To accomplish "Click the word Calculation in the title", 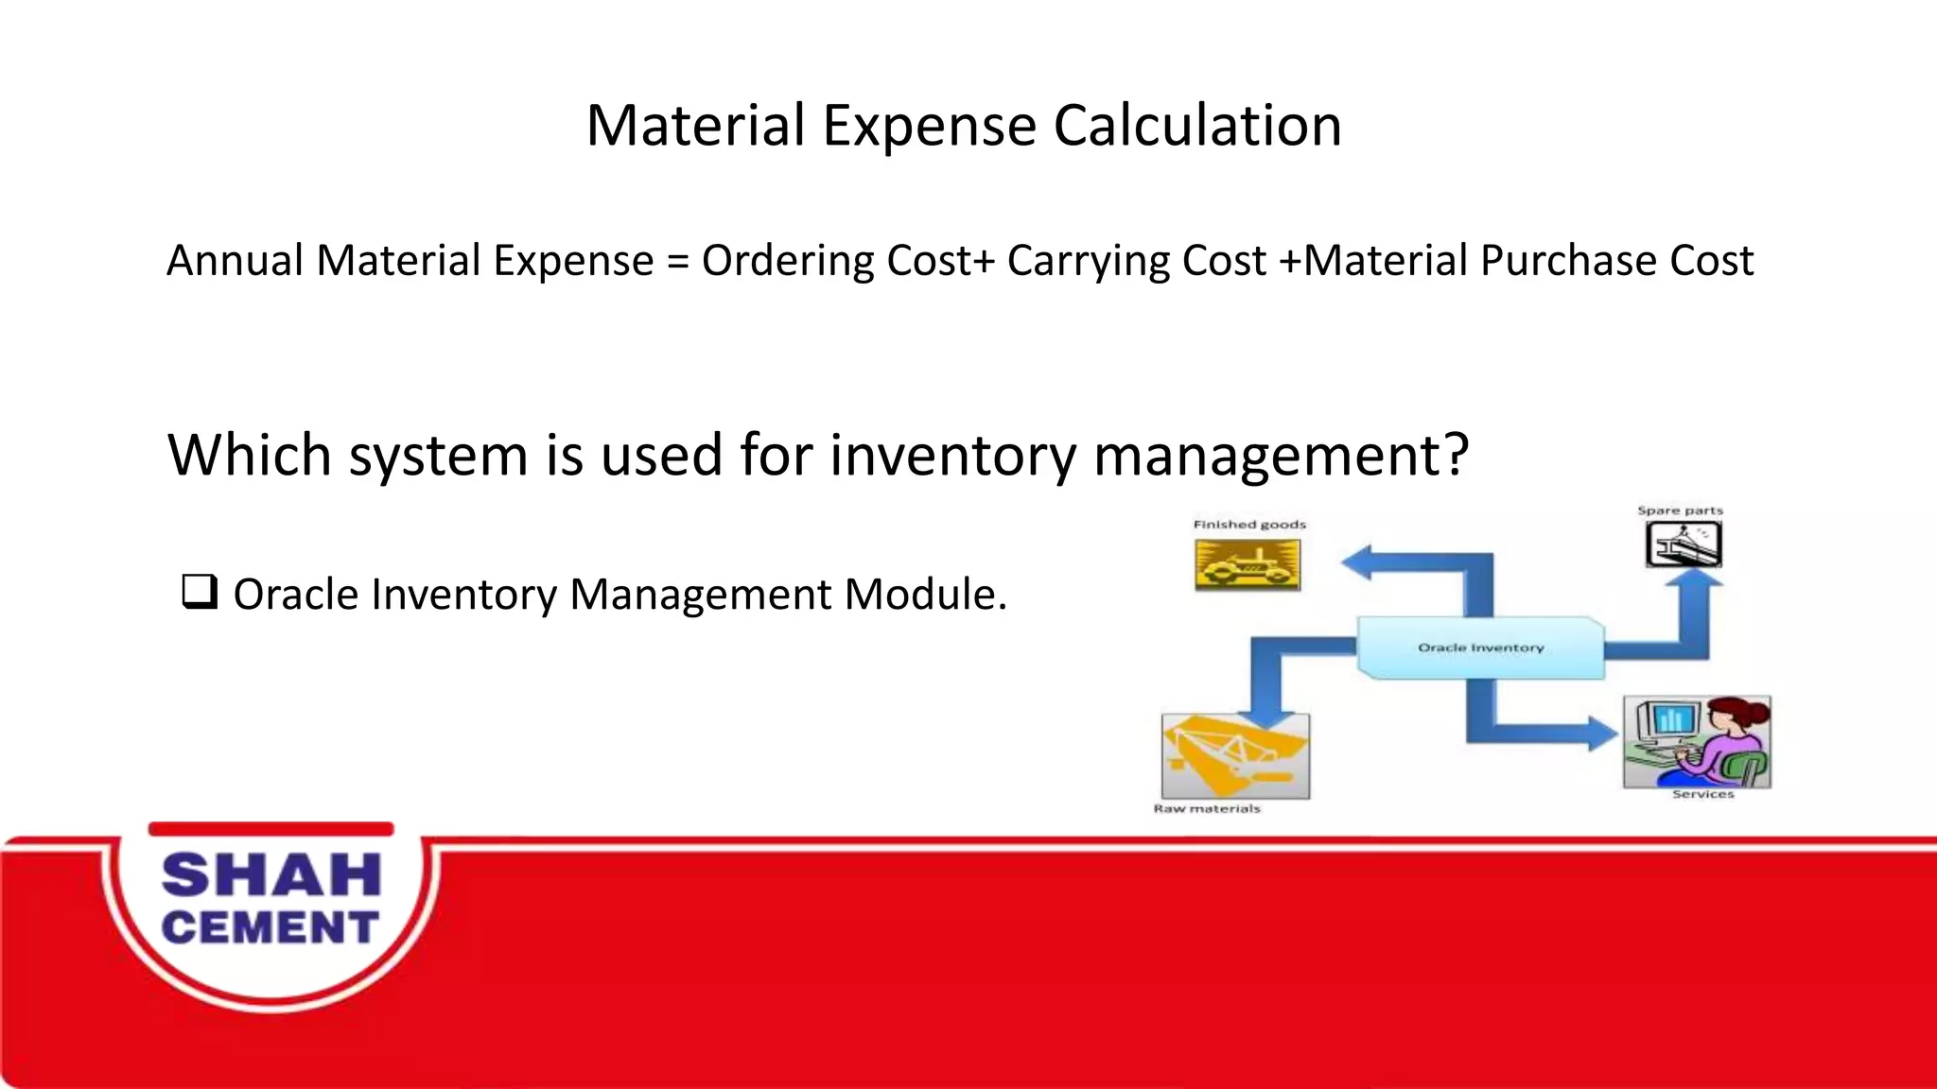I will [1196, 126].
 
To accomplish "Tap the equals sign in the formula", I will [677, 262].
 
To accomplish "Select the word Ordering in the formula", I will [787, 262].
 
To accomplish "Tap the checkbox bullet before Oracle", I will [200, 593].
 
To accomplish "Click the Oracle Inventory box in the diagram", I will [1480, 648].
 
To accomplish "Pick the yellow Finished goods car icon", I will [1248, 565].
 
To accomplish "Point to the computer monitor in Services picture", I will [1670, 720].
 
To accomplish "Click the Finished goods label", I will [1249, 525].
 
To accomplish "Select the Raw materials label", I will [1207, 809].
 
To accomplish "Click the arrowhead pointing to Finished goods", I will [1358, 562].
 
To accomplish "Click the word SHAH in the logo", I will [271, 874].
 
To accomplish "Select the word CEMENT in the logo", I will [270, 927].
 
